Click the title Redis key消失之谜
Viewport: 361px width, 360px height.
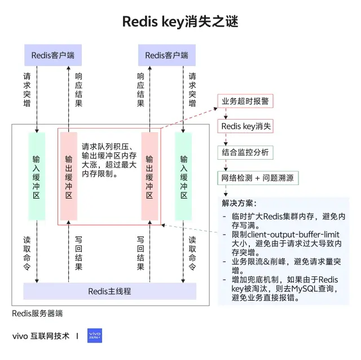click(180, 22)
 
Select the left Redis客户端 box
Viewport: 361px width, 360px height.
click(53, 55)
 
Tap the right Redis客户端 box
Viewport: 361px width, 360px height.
click(166, 55)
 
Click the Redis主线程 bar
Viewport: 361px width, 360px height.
click(109, 291)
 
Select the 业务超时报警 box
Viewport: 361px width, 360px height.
click(245, 101)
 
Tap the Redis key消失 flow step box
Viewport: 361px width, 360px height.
click(245, 126)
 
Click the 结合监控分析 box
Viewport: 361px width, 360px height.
click(245, 152)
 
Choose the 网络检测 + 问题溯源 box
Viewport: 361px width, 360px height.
click(258, 178)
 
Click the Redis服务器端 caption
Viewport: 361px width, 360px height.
click(37, 313)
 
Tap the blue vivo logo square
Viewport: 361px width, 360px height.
click(95, 336)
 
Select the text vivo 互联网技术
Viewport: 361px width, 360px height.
click(41, 336)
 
